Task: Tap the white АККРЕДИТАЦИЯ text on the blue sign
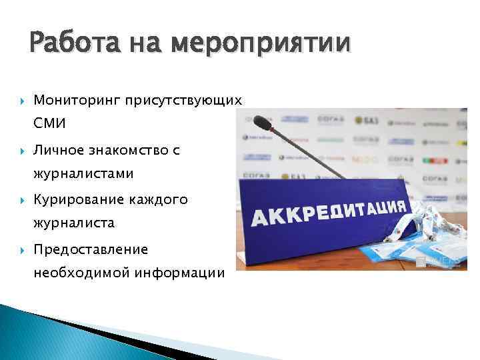pyautogui.click(x=326, y=212)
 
